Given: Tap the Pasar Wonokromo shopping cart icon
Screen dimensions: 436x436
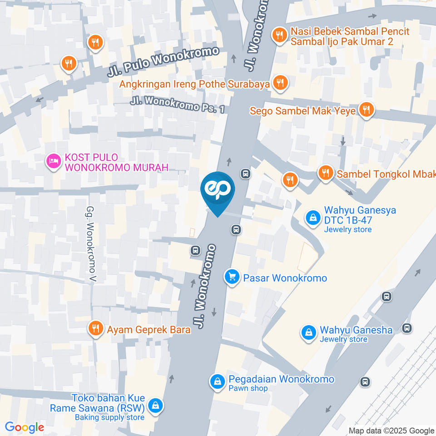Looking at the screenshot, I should (232, 277).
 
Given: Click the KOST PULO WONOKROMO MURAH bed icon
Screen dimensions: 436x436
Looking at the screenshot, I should (54, 161).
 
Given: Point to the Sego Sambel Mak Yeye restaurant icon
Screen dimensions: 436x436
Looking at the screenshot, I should (366, 110).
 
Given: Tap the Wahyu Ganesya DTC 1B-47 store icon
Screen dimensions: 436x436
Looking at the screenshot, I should (313, 218).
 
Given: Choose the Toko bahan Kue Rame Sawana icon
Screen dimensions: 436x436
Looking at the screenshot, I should (156, 405).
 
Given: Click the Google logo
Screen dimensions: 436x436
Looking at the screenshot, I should (24, 427).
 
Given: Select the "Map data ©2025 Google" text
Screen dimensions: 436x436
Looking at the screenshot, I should (391, 431).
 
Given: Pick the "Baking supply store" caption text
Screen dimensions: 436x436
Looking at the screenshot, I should (109, 417).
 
